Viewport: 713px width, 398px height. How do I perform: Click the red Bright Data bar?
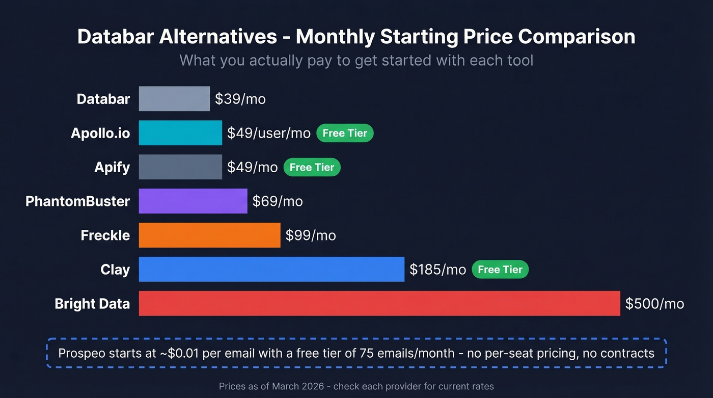(x=379, y=304)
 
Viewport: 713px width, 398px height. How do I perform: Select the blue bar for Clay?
(x=271, y=270)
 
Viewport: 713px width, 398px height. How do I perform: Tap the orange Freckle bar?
(x=209, y=235)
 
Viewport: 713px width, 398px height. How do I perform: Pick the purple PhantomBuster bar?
(x=193, y=201)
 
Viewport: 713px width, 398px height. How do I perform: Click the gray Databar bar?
(x=174, y=99)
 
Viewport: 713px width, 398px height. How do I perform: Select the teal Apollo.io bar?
(x=180, y=133)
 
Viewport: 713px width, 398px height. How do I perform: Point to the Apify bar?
(x=180, y=167)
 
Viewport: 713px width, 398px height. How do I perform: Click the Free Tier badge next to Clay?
(x=500, y=270)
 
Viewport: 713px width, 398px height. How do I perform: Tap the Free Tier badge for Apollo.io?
(x=345, y=133)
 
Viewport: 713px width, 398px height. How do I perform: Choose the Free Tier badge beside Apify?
(x=312, y=167)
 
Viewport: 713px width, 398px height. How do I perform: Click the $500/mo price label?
(x=654, y=304)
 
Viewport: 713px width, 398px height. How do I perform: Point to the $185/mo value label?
(x=438, y=270)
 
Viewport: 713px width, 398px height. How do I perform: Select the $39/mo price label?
(x=240, y=99)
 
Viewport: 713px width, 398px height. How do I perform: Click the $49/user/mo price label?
(x=268, y=133)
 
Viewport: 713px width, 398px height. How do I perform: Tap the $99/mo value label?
(x=310, y=235)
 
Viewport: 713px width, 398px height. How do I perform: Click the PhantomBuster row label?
(x=77, y=201)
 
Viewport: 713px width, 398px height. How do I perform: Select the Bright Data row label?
(x=92, y=304)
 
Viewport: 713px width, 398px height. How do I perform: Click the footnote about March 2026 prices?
(x=356, y=386)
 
